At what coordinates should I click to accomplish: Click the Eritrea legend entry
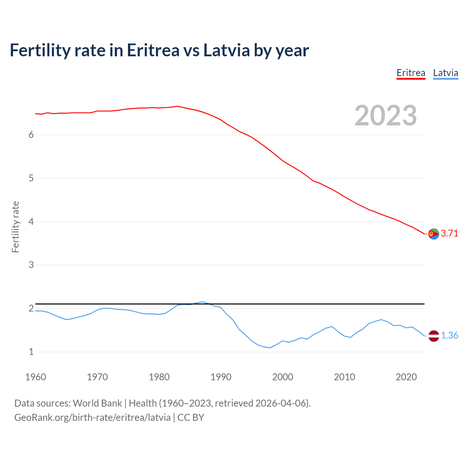(411, 73)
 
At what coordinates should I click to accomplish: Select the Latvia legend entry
(445, 73)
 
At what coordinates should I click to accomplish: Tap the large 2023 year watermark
(385, 116)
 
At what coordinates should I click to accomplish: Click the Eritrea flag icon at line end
(434, 234)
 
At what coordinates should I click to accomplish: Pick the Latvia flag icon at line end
(434, 336)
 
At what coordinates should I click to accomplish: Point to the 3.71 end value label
(449, 234)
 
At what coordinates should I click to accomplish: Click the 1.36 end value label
(449, 336)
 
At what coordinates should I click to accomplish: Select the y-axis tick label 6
(31, 135)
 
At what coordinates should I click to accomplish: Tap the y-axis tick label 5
(31, 178)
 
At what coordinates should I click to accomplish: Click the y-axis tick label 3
(31, 265)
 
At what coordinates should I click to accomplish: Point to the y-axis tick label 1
(31, 352)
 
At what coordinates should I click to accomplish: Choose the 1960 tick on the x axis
(35, 377)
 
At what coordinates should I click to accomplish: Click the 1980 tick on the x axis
(159, 377)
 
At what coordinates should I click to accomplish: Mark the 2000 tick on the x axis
(283, 377)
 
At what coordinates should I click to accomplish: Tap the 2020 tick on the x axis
(406, 377)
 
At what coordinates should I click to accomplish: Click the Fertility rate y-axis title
(15, 227)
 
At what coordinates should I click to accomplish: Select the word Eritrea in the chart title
(153, 50)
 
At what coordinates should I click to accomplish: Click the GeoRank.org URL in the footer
(92, 418)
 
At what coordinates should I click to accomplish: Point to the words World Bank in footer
(97, 403)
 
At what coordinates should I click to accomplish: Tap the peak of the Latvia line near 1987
(202, 302)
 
